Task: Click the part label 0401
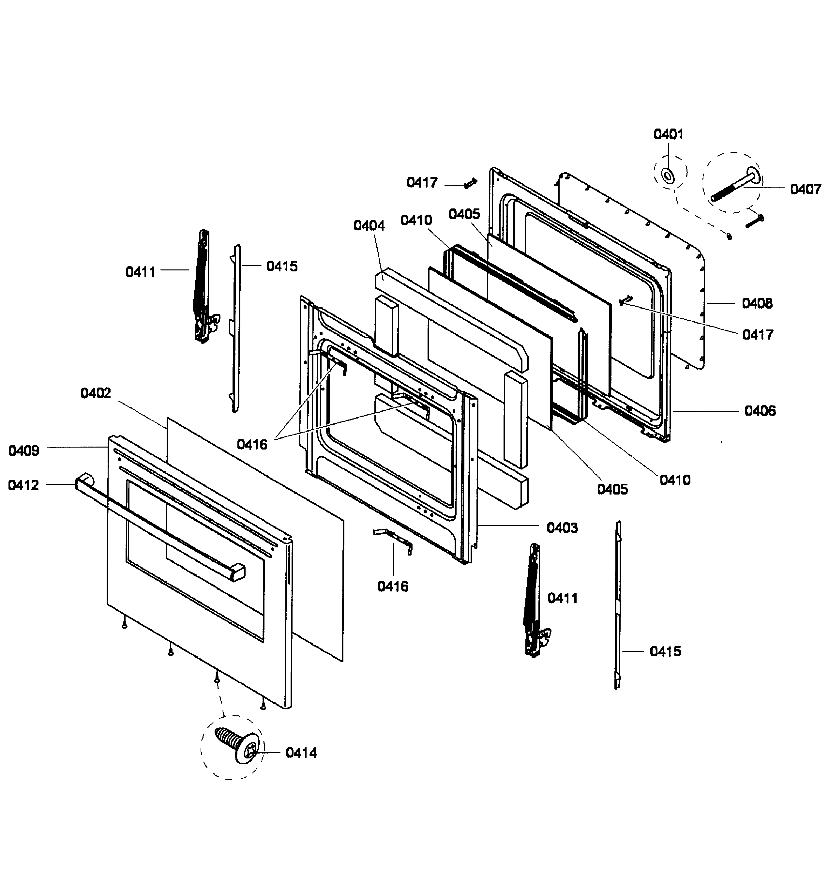tap(668, 134)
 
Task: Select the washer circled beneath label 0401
tap(668, 176)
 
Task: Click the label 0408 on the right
tap(757, 303)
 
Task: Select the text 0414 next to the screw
tap(301, 753)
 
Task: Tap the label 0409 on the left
tap(24, 451)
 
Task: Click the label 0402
tap(96, 393)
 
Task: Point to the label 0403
tap(562, 528)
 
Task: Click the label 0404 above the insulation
tap(369, 226)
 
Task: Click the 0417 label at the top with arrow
tap(422, 183)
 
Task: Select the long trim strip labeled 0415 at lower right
tap(618, 606)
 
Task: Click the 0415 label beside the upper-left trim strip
tap(282, 267)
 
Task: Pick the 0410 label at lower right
tap(675, 480)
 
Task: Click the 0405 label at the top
tap(464, 214)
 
